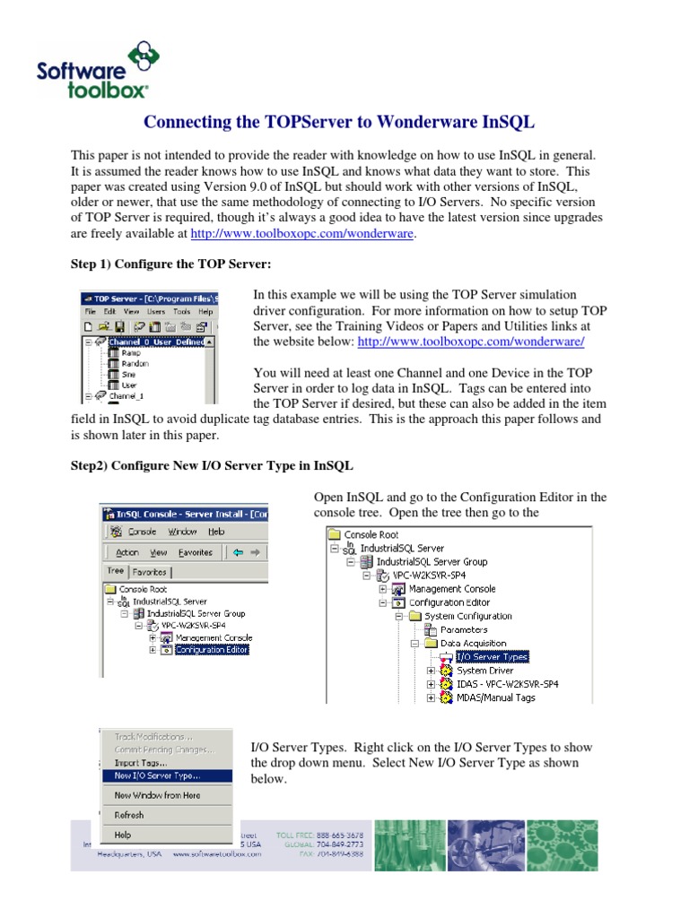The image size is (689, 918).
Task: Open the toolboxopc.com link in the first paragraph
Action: (x=302, y=234)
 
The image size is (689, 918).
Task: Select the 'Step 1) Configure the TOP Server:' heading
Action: (x=170, y=264)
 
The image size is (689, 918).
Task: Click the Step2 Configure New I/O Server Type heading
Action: (x=212, y=466)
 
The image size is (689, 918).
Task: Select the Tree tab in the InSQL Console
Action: (x=115, y=571)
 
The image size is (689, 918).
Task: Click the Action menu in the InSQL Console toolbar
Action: (x=127, y=552)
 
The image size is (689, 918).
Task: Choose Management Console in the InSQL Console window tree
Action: (x=214, y=637)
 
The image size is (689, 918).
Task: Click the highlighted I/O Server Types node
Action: (x=492, y=656)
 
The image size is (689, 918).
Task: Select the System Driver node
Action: (x=484, y=670)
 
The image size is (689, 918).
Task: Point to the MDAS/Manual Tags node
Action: (x=495, y=697)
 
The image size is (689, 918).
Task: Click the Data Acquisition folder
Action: (x=473, y=643)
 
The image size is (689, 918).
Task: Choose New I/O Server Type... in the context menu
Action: (x=157, y=775)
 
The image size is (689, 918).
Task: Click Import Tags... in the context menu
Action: (x=140, y=763)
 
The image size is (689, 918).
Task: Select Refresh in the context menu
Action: (x=129, y=815)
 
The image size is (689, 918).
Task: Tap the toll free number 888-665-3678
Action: (x=332, y=835)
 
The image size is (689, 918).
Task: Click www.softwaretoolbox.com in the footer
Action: (x=217, y=854)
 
